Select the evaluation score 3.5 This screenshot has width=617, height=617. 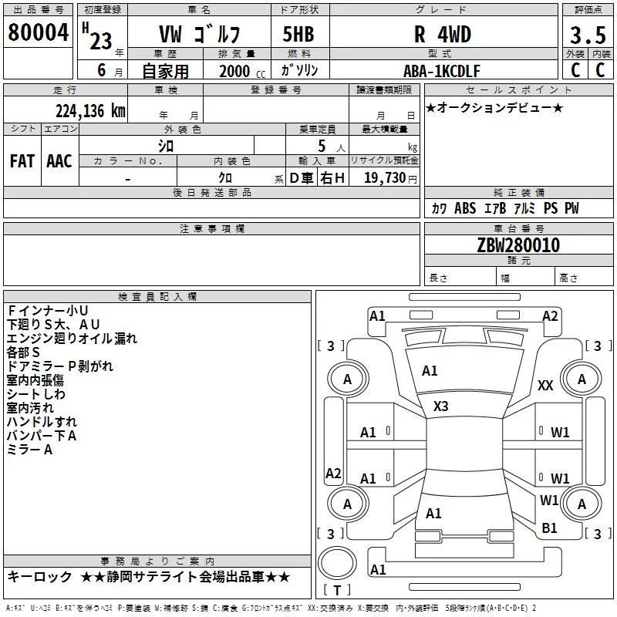[587, 35]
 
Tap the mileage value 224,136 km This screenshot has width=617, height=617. [90, 110]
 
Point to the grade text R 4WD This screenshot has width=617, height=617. [442, 35]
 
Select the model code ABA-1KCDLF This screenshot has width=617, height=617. [442, 70]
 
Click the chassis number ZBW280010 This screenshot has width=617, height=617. [518, 245]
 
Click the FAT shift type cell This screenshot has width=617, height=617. [22, 160]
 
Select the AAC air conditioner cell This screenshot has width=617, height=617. [59, 160]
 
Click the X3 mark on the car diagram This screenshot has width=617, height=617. [441, 406]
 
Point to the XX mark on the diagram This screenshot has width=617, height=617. [545, 386]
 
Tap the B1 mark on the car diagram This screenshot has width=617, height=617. [549, 528]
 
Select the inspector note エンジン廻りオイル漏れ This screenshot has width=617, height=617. [72, 339]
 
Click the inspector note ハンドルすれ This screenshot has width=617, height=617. [42, 422]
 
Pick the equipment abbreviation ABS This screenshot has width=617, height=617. [465, 208]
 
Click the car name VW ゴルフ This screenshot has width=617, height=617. [199, 35]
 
